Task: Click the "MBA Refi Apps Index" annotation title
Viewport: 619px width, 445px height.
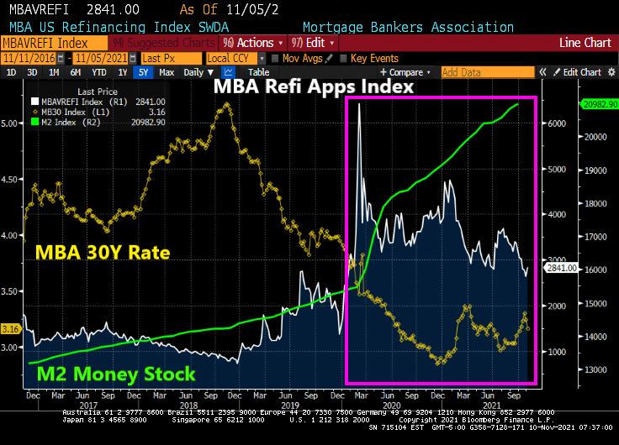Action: coord(314,86)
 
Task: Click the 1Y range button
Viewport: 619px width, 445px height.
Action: coord(123,72)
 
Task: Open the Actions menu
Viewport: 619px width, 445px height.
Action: coord(251,43)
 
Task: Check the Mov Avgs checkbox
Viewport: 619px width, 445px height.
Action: coord(275,58)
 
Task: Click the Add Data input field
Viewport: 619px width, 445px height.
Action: coord(471,72)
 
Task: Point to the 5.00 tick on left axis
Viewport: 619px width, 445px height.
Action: coord(12,123)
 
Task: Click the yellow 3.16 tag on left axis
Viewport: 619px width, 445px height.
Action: coord(11,328)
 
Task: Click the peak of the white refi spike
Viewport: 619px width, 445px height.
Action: coord(359,103)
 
